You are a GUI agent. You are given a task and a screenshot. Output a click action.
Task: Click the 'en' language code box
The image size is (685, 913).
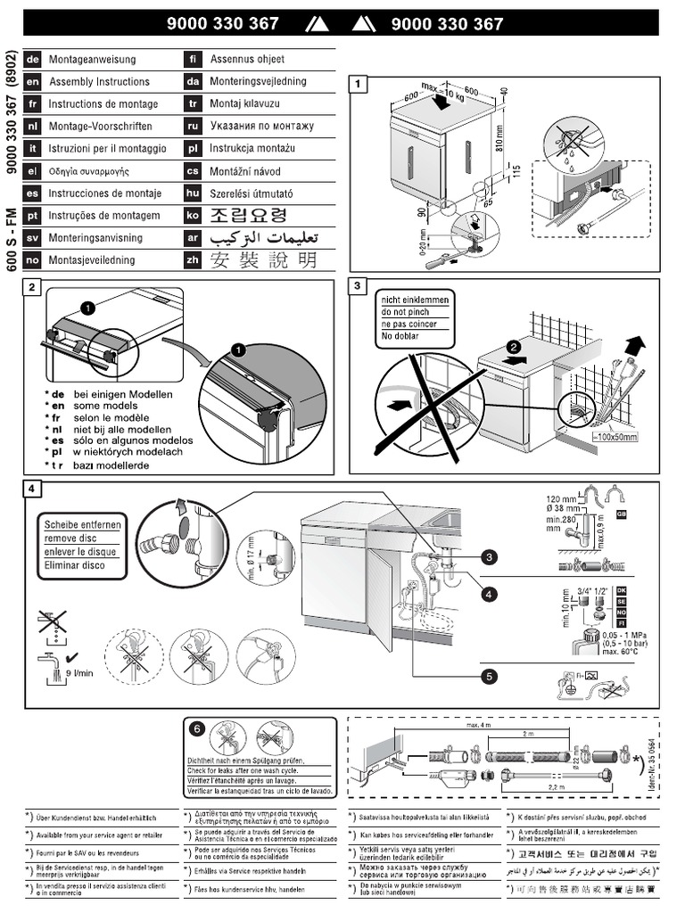(x=34, y=82)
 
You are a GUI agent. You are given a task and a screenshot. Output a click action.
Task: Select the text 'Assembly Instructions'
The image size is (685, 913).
(x=99, y=82)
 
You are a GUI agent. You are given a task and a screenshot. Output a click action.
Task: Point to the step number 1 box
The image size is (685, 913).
(x=359, y=86)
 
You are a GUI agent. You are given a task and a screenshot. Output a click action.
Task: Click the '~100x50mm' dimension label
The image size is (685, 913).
(x=616, y=438)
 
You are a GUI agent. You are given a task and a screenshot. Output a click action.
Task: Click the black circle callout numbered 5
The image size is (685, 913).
(x=488, y=677)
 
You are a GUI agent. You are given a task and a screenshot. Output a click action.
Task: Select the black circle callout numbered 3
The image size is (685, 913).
(x=488, y=558)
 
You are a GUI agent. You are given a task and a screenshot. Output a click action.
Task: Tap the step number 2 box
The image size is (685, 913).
(x=33, y=287)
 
